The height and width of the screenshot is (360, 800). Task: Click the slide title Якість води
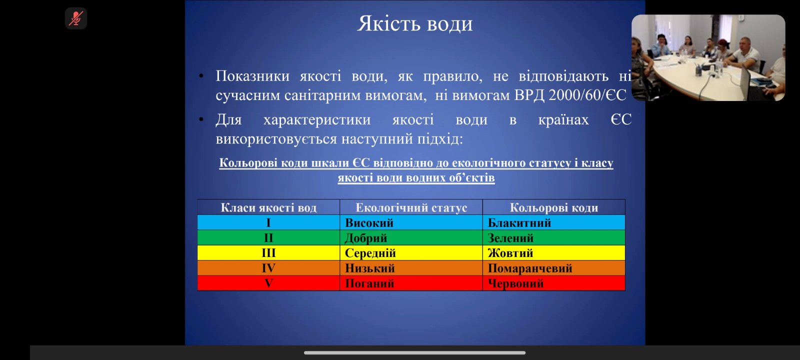pos(414,24)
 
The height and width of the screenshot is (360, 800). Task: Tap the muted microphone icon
pos(76,19)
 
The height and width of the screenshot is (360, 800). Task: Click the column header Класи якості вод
pos(268,207)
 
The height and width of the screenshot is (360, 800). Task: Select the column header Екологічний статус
pos(411,207)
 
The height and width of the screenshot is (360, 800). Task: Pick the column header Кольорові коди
pos(553,207)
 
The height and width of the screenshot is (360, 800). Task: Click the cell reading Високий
pos(369,223)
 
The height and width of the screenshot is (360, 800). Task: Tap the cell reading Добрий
pos(366,238)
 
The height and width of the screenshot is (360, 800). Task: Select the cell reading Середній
pos(370,253)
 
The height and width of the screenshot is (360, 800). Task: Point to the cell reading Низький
pos(369,268)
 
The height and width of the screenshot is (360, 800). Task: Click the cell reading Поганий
pos(369,283)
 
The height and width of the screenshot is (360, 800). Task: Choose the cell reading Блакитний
pos(519,223)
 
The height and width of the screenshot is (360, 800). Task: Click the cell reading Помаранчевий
pos(530,268)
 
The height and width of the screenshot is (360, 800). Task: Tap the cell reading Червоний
pos(515,283)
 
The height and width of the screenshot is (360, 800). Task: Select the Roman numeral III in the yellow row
pos(268,253)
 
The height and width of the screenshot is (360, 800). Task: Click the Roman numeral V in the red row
pos(268,283)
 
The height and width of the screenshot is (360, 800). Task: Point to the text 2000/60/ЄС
pos(587,95)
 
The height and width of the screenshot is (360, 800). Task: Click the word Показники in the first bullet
pos(252,76)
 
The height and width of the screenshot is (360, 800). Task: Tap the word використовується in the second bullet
pos(276,138)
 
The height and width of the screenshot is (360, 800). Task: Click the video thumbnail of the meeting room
pos(708,57)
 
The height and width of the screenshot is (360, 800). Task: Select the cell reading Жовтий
pos(510,253)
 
